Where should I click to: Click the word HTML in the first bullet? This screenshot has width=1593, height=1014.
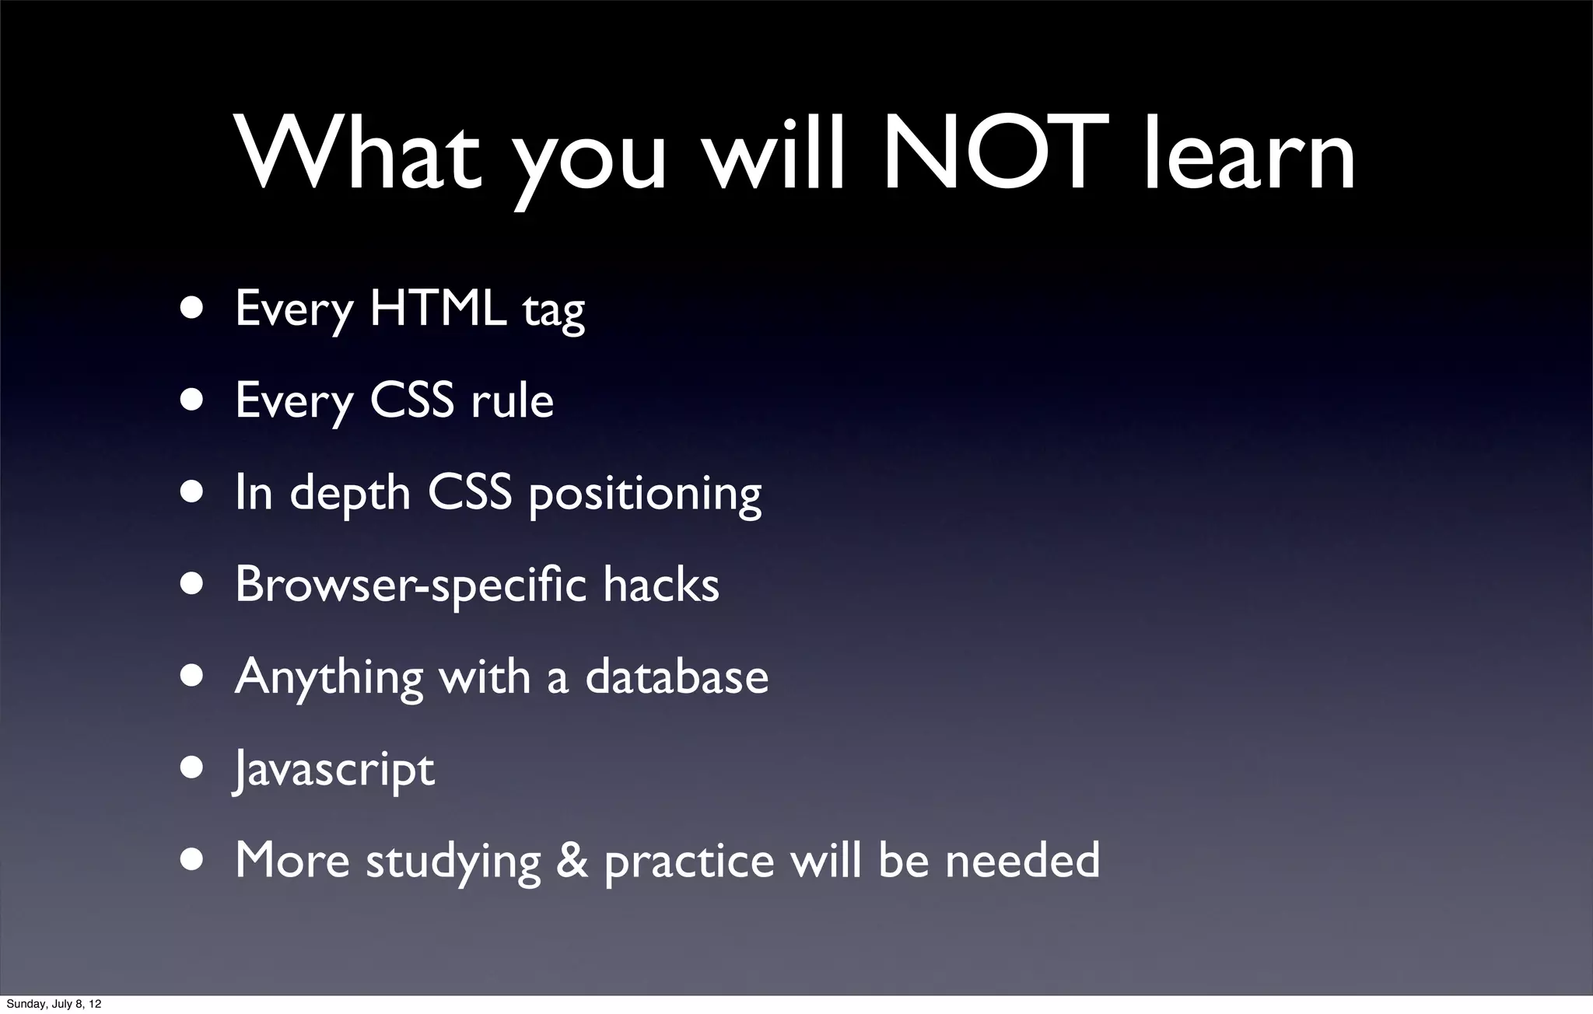[437, 309]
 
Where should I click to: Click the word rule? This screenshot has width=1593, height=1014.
[512, 400]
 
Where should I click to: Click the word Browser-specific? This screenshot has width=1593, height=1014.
[411, 585]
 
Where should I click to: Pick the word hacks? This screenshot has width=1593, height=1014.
[661, 584]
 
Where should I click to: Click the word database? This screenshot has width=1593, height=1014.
[677, 676]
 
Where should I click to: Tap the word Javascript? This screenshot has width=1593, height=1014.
[334, 770]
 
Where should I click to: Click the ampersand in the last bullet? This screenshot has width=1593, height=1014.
[572, 860]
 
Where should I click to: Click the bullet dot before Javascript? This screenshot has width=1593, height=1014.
[191, 768]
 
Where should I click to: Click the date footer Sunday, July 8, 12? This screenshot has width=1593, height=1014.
[54, 1004]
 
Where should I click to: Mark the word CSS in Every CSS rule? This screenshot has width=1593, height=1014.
[412, 400]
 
